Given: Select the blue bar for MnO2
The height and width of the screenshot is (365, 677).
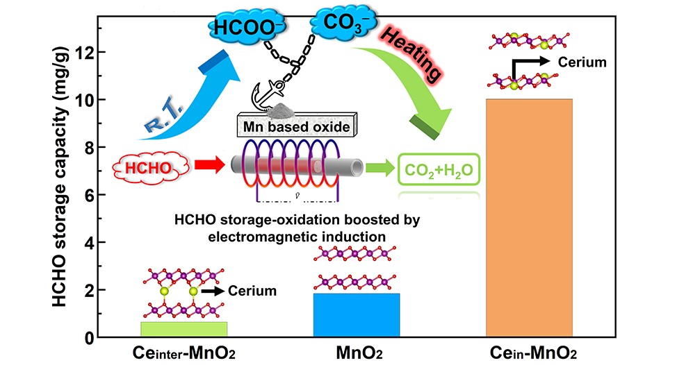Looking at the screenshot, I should pos(357,315).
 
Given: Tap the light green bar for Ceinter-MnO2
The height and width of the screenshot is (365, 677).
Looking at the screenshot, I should pos(183,329).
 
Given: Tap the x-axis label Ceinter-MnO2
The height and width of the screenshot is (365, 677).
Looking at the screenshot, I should pos(183,353).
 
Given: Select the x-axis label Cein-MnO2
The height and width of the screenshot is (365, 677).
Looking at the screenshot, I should pos(530,353).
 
